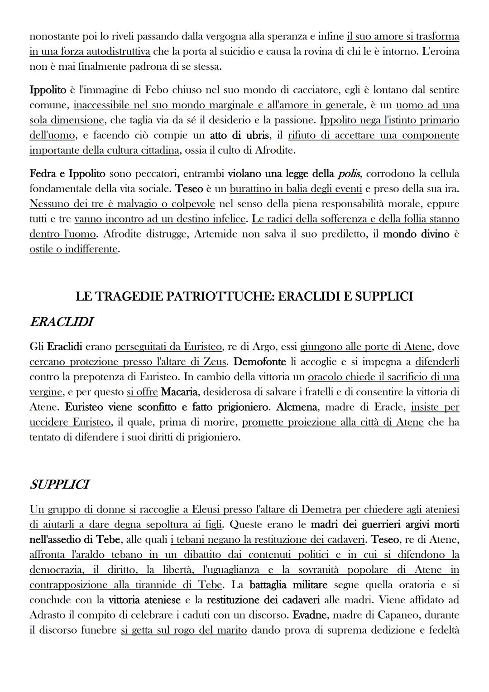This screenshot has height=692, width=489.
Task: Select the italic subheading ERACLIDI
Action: click(x=61, y=322)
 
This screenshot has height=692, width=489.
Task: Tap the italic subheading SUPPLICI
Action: click(x=59, y=484)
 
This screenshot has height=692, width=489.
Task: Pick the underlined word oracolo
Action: click(x=325, y=377)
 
